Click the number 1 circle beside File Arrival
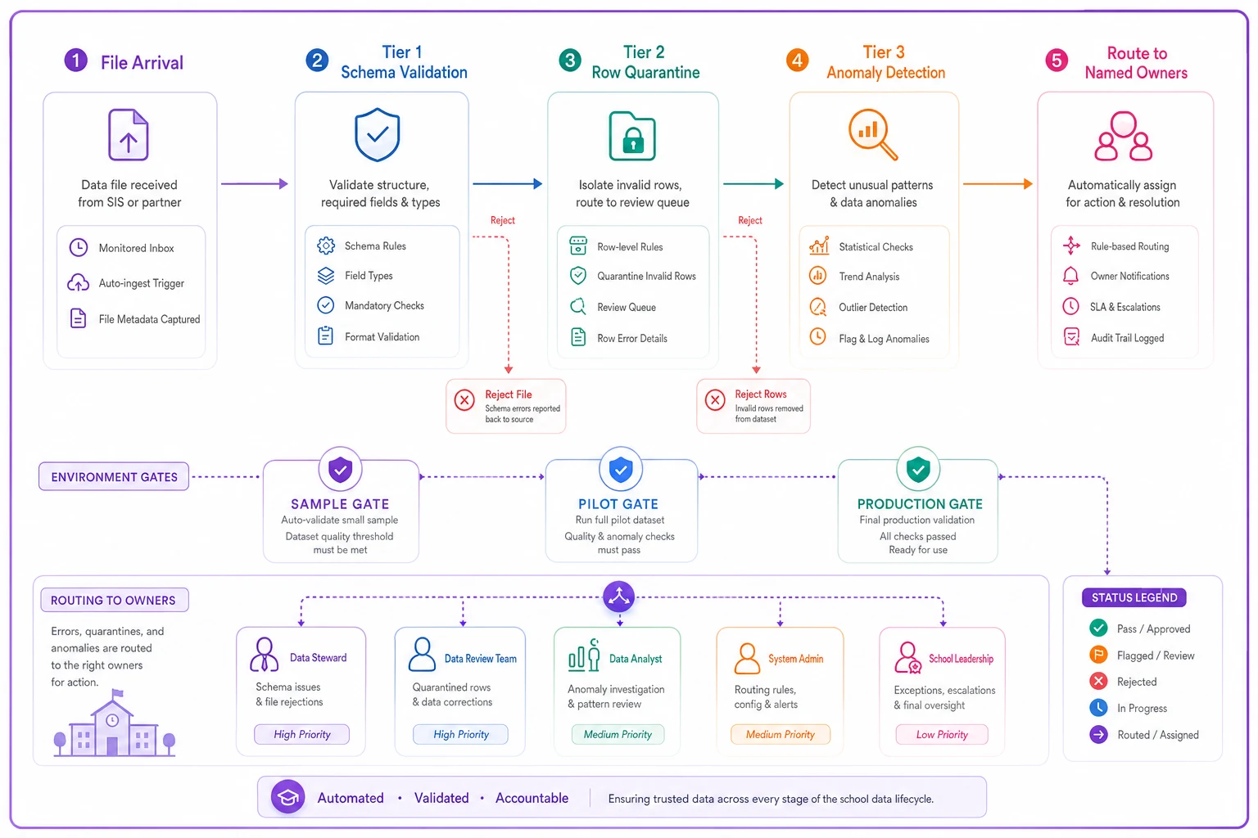[76, 60]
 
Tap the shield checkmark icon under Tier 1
[378, 135]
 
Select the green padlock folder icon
[632, 137]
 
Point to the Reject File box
[506, 406]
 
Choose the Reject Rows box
[753, 406]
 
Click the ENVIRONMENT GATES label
[114, 476]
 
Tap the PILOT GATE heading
[618, 503]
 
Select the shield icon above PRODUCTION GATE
[918, 469]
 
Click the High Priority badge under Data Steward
[301, 734]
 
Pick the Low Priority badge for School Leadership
[942, 734]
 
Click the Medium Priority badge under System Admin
[780, 734]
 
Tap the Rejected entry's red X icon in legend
[1098, 682]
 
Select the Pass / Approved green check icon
[1098, 628]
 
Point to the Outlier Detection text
[873, 307]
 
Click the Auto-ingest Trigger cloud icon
[78, 283]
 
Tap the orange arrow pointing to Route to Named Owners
[998, 183]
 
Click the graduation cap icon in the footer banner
[288, 797]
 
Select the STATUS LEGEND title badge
[1134, 597]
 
